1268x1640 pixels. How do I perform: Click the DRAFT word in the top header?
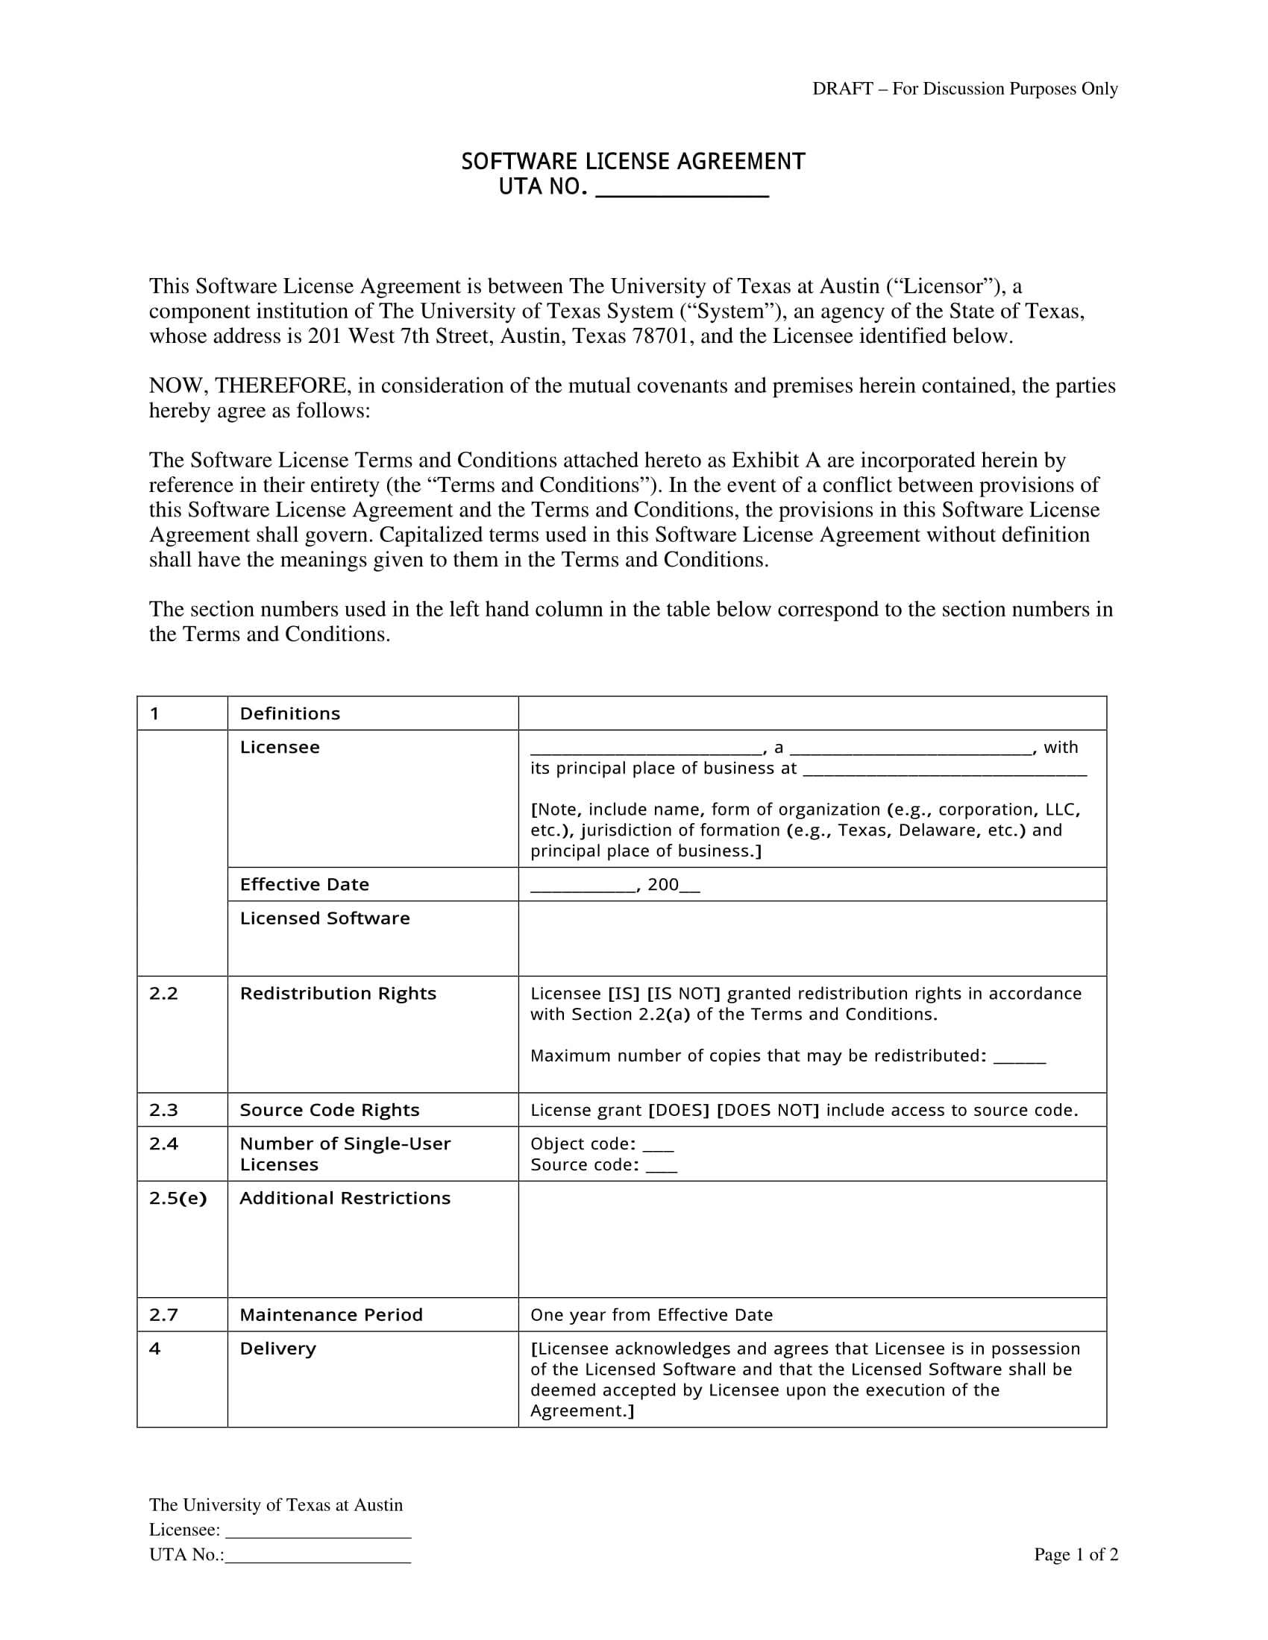tap(842, 89)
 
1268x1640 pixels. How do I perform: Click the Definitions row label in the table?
tap(290, 713)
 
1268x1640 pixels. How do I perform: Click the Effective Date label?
tap(304, 885)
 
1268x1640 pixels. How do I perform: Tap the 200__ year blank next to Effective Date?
tap(674, 886)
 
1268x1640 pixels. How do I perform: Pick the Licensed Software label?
tap(324, 918)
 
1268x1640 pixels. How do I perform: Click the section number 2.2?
tap(164, 994)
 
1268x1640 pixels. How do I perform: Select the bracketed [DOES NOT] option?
tap(768, 1111)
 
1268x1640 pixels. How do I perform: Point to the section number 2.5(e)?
tap(178, 1199)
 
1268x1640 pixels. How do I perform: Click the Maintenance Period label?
tap(331, 1315)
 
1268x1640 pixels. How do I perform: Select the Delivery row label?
tap(278, 1349)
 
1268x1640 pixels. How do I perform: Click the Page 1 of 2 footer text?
tap(1076, 1554)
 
